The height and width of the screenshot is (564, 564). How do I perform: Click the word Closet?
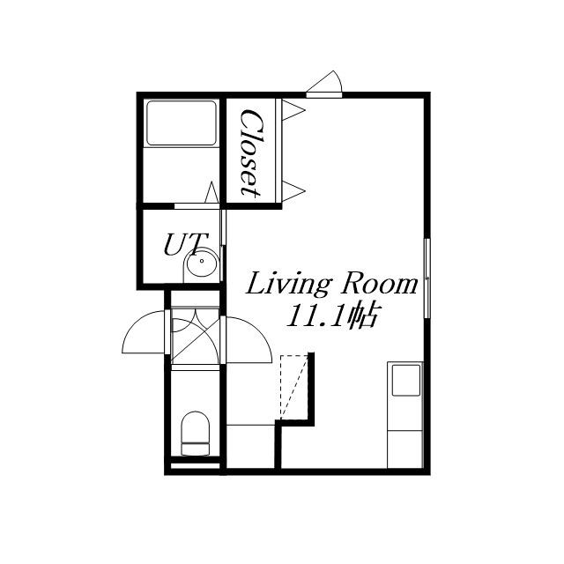[x=250, y=152]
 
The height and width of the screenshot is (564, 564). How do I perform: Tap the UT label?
[x=186, y=245]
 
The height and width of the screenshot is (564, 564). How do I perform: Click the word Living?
[x=288, y=285]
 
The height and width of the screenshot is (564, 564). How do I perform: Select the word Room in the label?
[x=380, y=283]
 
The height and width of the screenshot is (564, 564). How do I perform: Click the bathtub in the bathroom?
[x=182, y=123]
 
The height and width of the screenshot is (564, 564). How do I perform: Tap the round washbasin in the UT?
[x=202, y=263]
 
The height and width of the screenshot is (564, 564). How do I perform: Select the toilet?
[x=196, y=434]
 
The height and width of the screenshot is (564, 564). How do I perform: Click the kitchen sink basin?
[x=406, y=380]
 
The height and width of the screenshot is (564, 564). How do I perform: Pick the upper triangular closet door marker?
[x=293, y=110]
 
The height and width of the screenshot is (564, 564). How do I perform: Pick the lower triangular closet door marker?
[x=293, y=191]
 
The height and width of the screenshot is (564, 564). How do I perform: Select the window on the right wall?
[x=427, y=278]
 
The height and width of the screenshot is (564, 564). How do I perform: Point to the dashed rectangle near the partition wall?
[x=293, y=388]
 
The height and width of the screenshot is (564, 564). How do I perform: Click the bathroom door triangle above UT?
[x=211, y=192]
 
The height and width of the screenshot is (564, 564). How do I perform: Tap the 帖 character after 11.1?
[x=364, y=315]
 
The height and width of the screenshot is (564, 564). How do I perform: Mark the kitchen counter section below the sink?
[x=404, y=449]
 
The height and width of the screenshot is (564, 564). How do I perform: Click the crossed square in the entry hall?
[x=195, y=336]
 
